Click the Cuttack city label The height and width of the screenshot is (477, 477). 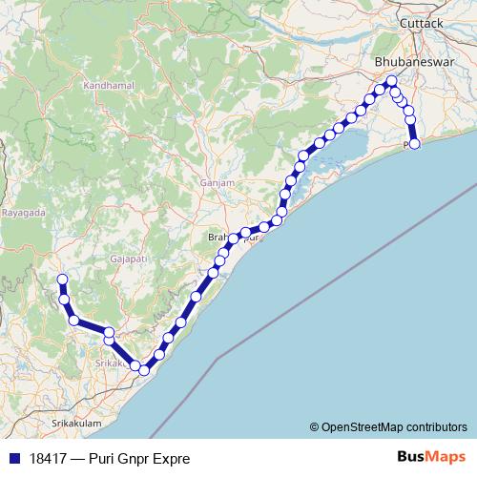[422, 22]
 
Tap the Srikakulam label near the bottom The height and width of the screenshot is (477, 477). [77, 421]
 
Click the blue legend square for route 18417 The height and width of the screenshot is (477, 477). [11, 458]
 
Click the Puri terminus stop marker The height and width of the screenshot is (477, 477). [414, 145]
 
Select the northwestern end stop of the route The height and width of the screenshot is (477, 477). [63, 280]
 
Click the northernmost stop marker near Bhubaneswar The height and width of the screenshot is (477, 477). [392, 81]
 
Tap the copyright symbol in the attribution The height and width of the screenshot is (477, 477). [315, 426]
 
